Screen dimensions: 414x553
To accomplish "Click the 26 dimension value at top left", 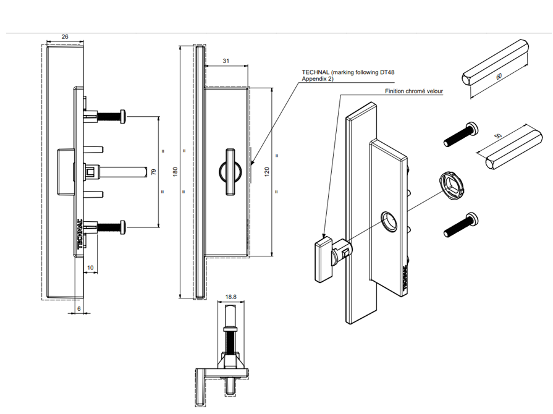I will (x=65, y=37).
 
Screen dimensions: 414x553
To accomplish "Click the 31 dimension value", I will (x=226, y=61).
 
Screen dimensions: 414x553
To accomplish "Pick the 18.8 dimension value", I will (x=230, y=297).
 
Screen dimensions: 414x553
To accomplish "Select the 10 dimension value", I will (x=90, y=267).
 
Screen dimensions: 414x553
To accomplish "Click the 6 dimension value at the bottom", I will (x=78, y=308).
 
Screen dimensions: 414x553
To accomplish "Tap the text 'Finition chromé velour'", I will (x=414, y=91).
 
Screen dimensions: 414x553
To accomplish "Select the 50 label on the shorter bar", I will (x=498, y=137).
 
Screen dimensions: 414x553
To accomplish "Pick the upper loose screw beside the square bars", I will (x=460, y=134).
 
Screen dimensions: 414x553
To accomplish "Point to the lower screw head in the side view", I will (x=124, y=227).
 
